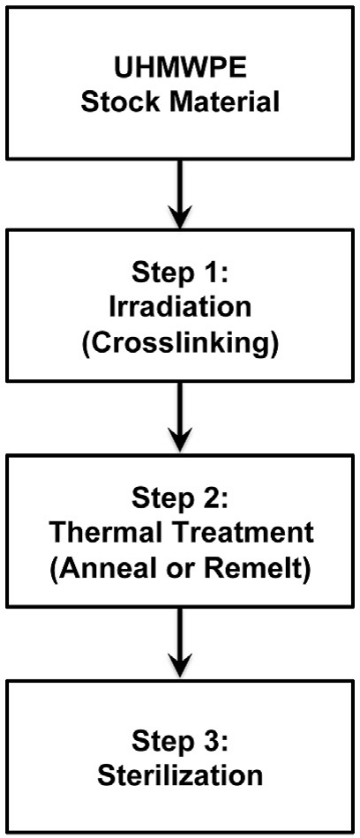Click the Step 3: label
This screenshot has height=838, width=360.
point(180,742)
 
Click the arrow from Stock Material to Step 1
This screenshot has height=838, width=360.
point(180,193)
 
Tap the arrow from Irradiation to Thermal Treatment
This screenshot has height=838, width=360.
point(180,415)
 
